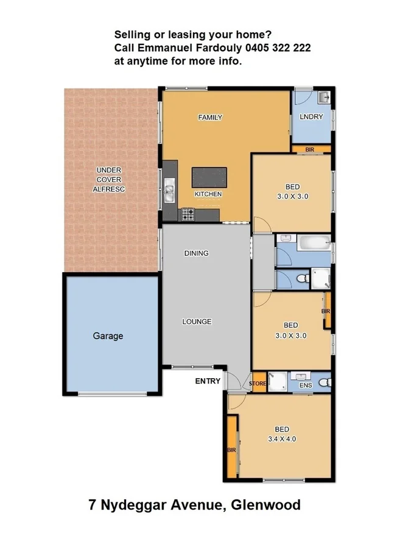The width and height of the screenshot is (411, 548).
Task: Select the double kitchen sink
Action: pyautogui.click(x=170, y=189)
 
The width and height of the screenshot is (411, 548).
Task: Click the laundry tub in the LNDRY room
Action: pyautogui.click(x=323, y=97)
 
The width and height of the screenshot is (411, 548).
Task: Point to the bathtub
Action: pyautogui.click(x=314, y=244)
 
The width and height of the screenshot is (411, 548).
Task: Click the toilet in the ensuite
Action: pyautogui.click(x=325, y=382)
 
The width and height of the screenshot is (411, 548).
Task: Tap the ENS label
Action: pyautogui.click(x=306, y=385)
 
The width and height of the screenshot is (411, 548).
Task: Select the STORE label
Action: pyautogui.click(x=258, y=384)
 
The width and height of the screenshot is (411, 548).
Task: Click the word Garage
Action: pyautogui.click(x=108, y=335)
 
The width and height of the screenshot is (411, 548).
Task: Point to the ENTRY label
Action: pyautogui.click(x=208, y=382)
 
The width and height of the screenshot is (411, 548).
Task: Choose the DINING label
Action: pyautogui.click(x=196, y=253)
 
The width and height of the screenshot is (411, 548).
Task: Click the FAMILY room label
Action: pyautogui.click(x=210, y=118)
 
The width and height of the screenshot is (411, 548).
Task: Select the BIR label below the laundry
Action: pyautogui.click(x=309, y=149)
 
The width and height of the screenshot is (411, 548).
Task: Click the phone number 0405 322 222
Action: pyautogui.click(x=277, y=47)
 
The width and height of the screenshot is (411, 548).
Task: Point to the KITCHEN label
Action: pyautogui.click(x=208, y=194)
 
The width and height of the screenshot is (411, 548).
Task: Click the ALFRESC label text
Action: pyautogui.click(x=108, y=189)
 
